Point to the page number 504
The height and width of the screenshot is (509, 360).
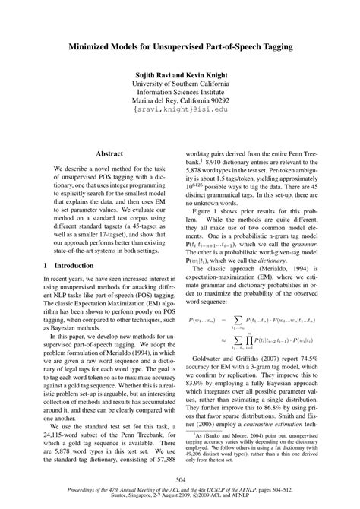point(180,479)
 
